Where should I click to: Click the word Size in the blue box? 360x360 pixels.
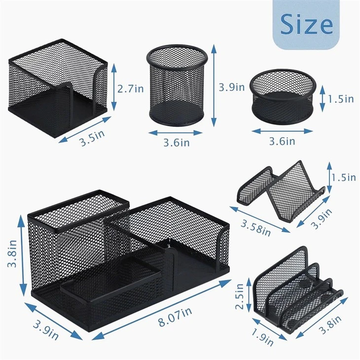pos(307,24)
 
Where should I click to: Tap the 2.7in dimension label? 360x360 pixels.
pos(131,89)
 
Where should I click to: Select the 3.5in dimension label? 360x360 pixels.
pos(92,138)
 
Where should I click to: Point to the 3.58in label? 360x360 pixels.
pos(256,228)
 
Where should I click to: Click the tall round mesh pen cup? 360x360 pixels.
pos(177,85)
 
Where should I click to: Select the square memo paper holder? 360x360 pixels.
pos(58,88)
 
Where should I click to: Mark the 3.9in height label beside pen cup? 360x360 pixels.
pos(232,87)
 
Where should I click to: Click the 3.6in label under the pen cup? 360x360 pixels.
pos(177,143)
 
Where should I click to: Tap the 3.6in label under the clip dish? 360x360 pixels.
pos(282,141)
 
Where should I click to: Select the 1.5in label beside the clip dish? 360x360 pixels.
pos(341,99)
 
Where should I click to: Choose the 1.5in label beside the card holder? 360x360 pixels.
pos(343,178)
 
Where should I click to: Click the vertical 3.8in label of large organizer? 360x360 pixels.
pos(12,253)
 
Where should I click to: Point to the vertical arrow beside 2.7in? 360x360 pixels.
pos(114,87)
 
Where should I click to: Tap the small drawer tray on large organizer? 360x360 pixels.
pos(110,281)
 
